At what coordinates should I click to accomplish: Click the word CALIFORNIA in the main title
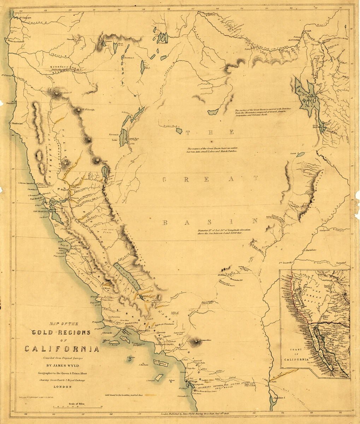tap(61, 349)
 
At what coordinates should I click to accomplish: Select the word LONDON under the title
tap(62, 387)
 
